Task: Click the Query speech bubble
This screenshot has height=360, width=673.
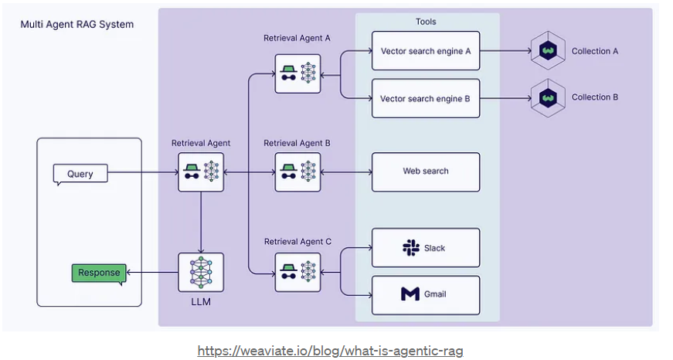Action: coord(80,174)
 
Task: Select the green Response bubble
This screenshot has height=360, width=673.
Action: coord(98,273)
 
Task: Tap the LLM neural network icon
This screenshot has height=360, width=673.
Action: coord(201,272)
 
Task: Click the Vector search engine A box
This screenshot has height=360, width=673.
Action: coord(426,51)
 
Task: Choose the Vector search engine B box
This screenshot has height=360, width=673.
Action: coord(426,98)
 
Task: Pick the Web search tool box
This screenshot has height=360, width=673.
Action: coord(426,172)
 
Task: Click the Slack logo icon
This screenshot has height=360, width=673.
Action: coord(410,248)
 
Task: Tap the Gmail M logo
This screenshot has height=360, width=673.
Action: coord(410,294)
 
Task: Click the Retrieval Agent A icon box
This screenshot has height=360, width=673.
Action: coord(297,73)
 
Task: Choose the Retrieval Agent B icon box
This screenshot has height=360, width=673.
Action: coord(297,172)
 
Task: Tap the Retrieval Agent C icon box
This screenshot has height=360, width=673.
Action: coord(297,271)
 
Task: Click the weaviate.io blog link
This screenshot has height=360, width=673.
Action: coord(330,351)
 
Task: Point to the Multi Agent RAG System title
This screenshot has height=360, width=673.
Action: coord(77,25)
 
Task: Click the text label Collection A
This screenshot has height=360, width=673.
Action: coord(595,51)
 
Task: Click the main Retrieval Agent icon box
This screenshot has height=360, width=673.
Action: coord(201,172)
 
